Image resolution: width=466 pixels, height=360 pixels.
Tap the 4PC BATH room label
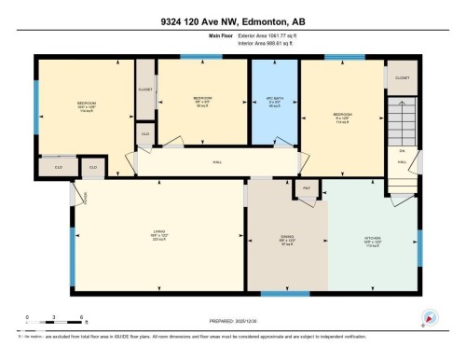click(x=274, y=98)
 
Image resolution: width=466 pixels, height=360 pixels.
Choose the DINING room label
click(x=286, y=238)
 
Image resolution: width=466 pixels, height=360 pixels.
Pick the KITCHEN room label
click(x=371, y=238)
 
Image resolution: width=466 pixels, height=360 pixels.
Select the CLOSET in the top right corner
click(x=402, y=78)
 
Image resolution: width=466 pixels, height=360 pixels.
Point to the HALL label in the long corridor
click(x=216, y=162)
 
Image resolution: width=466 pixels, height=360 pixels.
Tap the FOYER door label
click(x=83, y=197)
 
